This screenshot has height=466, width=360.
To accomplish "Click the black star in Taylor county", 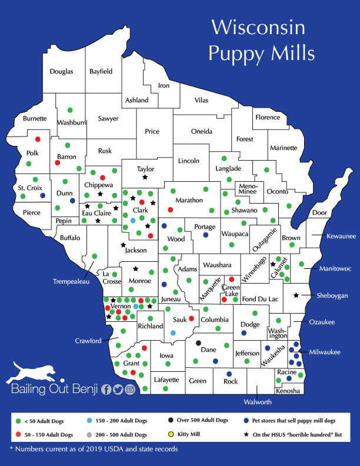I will point(145,177).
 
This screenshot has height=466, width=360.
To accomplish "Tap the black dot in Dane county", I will point(198,343).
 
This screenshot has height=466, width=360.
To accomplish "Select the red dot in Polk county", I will point(38,139).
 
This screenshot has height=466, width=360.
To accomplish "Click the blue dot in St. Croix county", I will point(42,195).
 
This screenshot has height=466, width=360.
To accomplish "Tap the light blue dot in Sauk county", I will point(173,332).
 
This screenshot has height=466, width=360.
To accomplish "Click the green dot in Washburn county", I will point(70,109).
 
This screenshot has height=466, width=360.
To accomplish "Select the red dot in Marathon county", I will point(171,210).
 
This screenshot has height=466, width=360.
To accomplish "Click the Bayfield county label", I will point(101,72).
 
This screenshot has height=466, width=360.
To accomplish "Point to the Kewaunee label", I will point(341,237).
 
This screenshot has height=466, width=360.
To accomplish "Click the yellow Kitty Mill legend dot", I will point(171,435).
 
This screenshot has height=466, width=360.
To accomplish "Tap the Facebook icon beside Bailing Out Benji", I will point(106,389).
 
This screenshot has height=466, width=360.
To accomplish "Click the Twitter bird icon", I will point(118,389).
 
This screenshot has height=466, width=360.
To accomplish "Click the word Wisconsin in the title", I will point(258,28).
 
